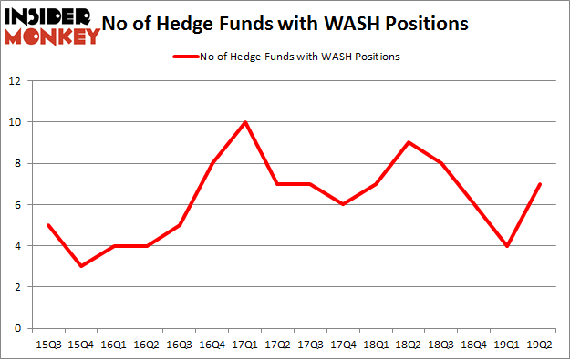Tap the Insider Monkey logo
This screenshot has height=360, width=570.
52,25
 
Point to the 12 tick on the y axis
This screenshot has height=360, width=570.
16,81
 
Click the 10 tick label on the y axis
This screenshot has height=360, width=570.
16,122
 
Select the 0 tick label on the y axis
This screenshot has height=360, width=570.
18,328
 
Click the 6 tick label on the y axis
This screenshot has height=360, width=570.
18,205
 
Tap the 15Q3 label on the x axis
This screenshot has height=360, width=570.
47,346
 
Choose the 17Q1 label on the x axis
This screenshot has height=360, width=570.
245,346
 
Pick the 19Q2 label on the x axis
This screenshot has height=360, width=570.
541,346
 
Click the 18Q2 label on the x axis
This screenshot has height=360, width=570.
409,346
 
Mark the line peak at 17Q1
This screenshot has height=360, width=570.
245,122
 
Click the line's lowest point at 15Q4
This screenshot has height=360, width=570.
80,266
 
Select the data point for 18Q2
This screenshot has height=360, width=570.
409,142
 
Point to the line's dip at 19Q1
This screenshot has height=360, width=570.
508,245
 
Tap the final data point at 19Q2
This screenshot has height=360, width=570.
541,184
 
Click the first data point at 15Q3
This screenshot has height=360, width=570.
47,225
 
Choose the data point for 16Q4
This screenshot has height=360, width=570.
212,163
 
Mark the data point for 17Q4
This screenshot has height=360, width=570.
344,204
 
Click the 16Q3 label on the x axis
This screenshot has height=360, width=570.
179,346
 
